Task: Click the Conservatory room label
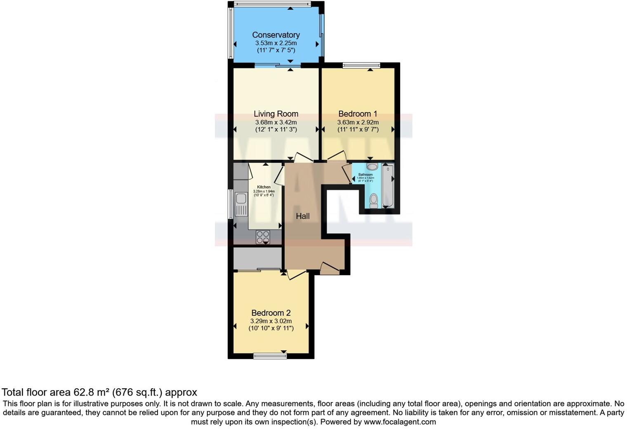coord(276,35)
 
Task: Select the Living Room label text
coord(276,114)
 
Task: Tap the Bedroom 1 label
coord(358,114)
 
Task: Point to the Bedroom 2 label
coord(271,313)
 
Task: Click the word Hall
coord(302,216)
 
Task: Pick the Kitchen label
coord(264,187)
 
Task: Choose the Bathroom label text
coord(365,175)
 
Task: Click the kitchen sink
coord(240,204)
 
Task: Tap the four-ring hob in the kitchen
coord(263,237)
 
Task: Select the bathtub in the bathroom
coord(387,186)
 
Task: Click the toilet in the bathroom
coord(374,200)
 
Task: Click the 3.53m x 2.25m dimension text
coord(276,43)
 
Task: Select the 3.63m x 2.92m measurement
coord(358,122)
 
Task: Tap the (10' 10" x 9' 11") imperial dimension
coord(271,328)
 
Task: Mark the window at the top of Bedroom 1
coord(361,64)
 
